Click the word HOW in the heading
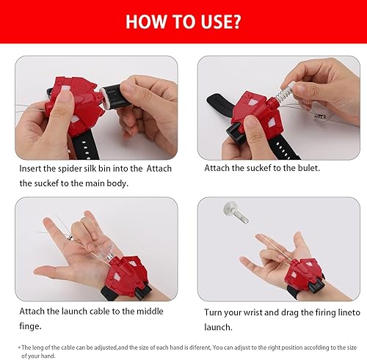coord(147,21)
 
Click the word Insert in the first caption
coord(33,168)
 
